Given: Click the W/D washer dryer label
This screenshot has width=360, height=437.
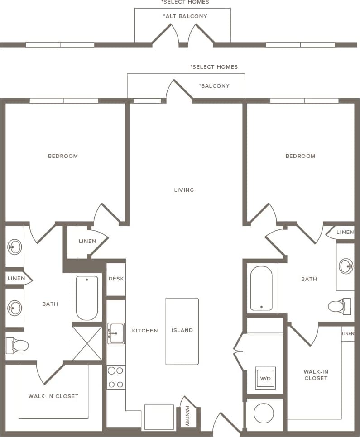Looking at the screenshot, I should (265, 378).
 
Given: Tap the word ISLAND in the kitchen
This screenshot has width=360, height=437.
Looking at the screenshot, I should (182, 330).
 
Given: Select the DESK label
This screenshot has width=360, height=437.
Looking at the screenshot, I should (116, 279).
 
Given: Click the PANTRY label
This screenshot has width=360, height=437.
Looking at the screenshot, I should (187, 416).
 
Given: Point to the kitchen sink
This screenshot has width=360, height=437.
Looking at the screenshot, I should (116, 333).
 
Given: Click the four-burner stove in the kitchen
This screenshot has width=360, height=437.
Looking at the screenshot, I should (116, 378).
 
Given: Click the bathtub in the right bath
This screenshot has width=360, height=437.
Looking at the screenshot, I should (261, 288).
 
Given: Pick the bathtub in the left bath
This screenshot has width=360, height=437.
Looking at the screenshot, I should (87, 298).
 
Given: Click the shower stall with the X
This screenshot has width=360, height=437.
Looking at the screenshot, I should (87, 343).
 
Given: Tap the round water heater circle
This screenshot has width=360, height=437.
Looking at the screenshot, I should (263, 413).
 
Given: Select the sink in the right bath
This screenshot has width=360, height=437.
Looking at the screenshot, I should (346, 266).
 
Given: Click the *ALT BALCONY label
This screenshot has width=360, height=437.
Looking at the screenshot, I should (185, 16).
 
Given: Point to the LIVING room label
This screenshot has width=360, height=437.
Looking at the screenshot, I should (184, 190).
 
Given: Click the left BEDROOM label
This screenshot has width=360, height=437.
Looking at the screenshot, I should (63, 156).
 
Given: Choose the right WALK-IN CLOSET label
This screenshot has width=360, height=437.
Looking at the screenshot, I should (316, 375).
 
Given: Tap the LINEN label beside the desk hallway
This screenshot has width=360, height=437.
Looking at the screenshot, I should (87, 241).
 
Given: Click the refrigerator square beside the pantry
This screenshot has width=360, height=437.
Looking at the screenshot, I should (158, 417).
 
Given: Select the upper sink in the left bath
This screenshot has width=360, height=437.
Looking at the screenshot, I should (14, 247).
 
